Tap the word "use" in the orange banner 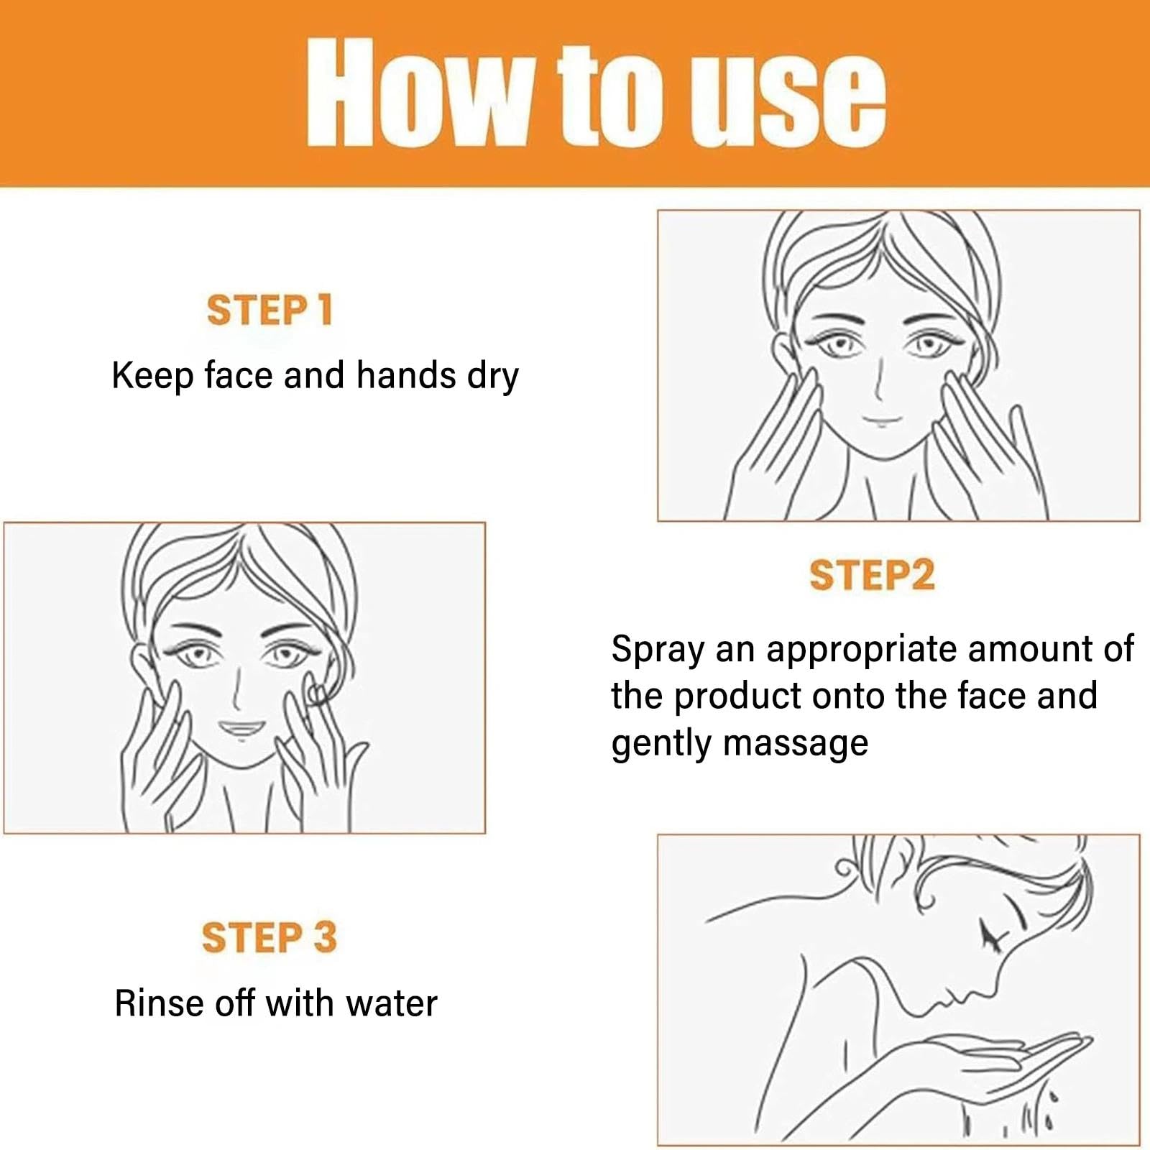(x=786, y=96)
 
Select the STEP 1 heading (x=270, y=310)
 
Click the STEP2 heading (x=872, y=575)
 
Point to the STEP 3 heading (x=269, y=937)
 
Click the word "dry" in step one (x=493, y=377)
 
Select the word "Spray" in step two (x=658, y=650)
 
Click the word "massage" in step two (x=796, y=744)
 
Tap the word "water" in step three (x=391, y=1003)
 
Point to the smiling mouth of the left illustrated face (x=241, y=729)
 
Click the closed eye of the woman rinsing (x=992, y=934)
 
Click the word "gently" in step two (x=661, y=745)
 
